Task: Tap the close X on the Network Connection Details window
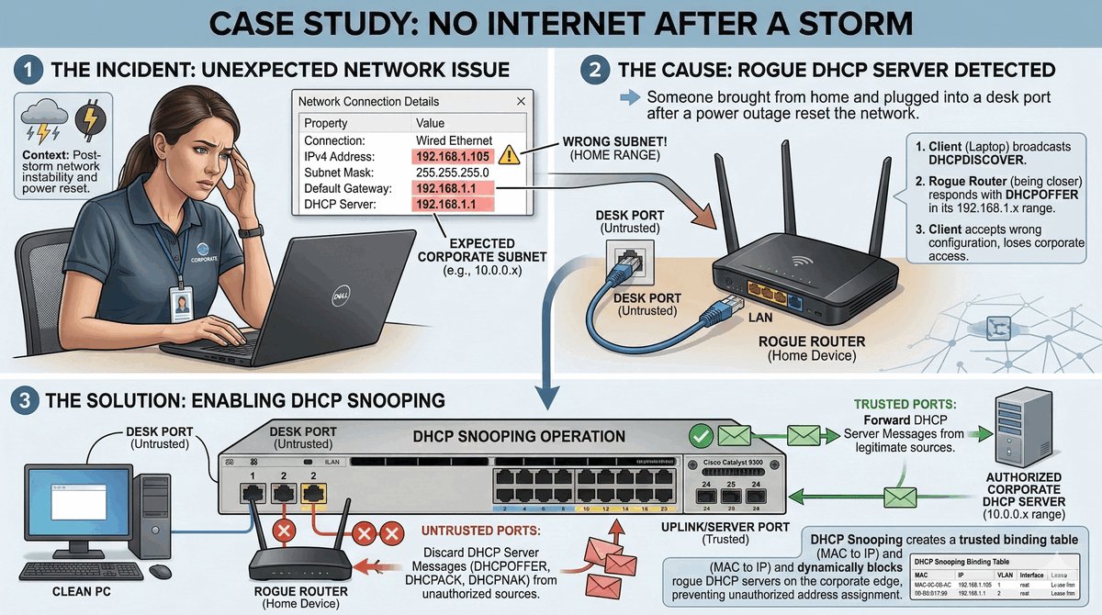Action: pos(521,101)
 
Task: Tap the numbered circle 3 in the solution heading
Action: pos(22,400)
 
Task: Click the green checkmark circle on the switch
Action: pos(702,436)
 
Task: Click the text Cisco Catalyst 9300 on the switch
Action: pos(734,462)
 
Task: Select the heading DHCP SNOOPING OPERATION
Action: pos(520,436)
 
